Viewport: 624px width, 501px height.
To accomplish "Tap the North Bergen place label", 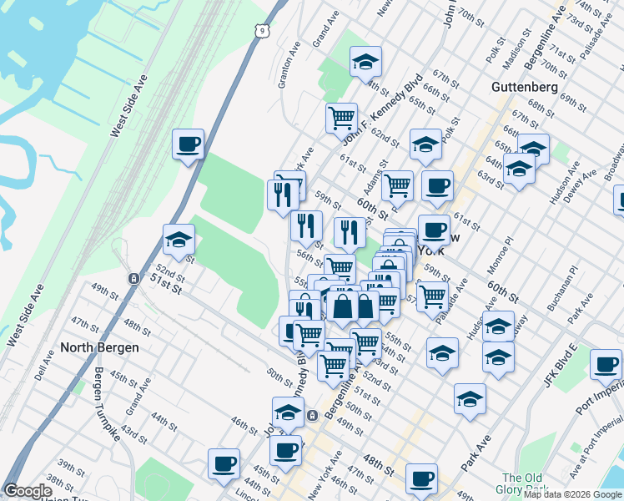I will click(99, 347).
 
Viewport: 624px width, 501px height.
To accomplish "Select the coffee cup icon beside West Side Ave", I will click(189, 144).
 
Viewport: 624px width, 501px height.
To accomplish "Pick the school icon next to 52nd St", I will click(179, 240).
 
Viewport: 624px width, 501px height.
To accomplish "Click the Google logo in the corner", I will click(28, 491).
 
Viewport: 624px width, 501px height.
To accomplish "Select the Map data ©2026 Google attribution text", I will click(572, 494).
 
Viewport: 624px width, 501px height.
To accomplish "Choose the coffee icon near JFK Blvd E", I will click(606, 364).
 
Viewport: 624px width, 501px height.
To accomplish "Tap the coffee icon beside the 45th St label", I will click(286, 451).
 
